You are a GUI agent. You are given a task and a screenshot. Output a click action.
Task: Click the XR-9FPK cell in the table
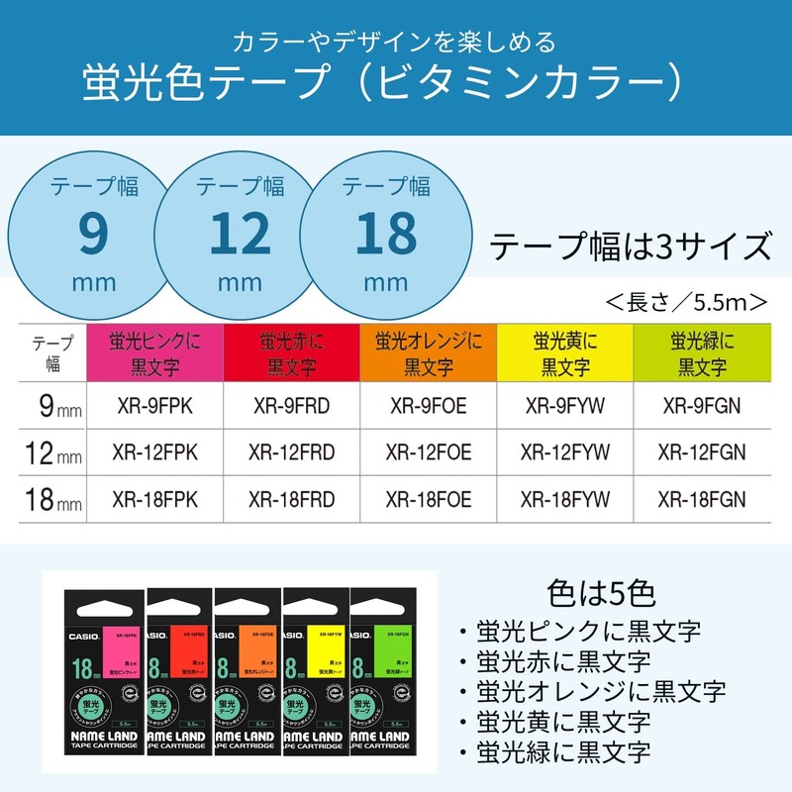pyautogui.click(x=155, y=404)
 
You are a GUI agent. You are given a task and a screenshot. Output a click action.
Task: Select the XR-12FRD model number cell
pyautogui.click(x=292, y=451)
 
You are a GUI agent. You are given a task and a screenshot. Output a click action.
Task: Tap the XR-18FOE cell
pyautogui.click(x=429, y=499)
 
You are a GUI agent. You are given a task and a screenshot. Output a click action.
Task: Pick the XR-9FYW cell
pyautogui.click(x=565, y=404)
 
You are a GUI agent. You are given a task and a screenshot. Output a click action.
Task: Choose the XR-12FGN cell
pyautogui.click(x=702, y=451)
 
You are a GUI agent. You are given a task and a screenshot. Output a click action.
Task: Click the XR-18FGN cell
pyautogui.click(x=702, y=499)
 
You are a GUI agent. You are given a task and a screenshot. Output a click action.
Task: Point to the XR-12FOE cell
pyautogui.click(x=429, y=451)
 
